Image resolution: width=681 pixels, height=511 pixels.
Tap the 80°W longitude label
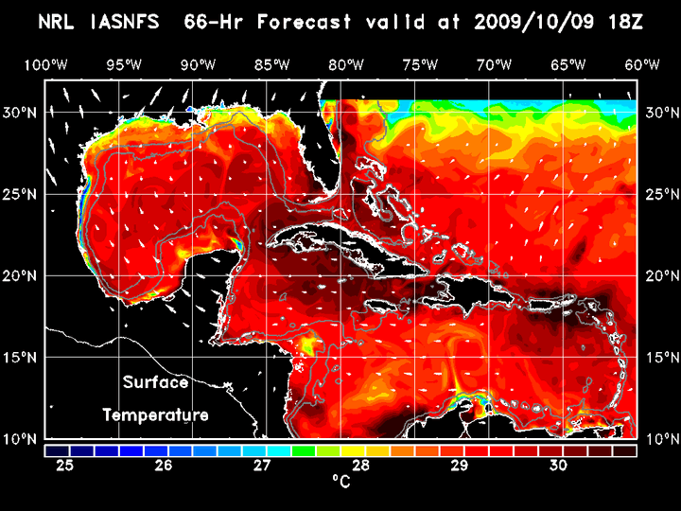click(348, 64)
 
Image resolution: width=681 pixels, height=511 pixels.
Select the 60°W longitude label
click(642, 64)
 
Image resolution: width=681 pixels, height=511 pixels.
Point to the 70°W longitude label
click(496, 64)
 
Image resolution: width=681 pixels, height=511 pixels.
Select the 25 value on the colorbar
click(65, 465)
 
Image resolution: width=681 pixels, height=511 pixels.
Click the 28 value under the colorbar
click(360, 465)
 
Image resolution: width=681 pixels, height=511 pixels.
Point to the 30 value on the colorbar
click(557, 465)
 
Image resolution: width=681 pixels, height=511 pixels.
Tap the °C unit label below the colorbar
click(340, 482)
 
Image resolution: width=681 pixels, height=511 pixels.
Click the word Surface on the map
click(155, 383)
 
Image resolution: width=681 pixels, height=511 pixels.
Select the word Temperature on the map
click(155, 414)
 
